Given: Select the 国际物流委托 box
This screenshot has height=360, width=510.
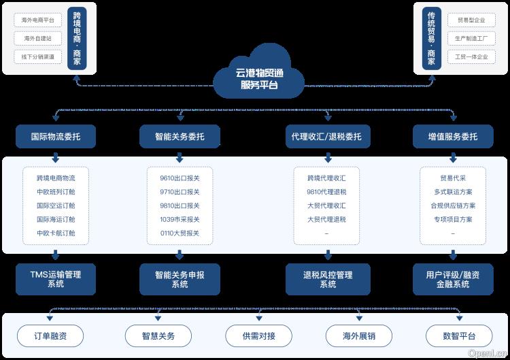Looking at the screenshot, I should [55, 137].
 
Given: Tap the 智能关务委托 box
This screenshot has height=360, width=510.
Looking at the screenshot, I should [180, 137].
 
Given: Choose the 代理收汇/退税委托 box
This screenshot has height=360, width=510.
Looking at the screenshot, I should [326, 137].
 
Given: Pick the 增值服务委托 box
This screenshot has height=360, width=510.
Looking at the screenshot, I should [452, 137].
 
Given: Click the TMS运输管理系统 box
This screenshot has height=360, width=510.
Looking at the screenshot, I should [55, 279].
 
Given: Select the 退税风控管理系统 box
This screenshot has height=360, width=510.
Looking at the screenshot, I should [327, 279].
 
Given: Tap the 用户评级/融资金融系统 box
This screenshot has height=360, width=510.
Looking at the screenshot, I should [452, 279].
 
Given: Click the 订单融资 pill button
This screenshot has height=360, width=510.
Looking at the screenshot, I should [50, 336].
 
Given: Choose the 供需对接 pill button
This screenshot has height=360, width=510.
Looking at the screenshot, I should [258, 336].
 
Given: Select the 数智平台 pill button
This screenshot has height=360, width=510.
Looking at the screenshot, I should [458, 336].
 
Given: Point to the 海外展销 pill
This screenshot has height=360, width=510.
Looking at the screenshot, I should [359, 336].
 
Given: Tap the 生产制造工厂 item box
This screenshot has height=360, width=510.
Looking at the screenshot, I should [471, 39].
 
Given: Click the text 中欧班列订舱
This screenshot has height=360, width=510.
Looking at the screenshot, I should [56, 192].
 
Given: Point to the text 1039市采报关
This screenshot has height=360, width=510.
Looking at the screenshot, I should [180, 219].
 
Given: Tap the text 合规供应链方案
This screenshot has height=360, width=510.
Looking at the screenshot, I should [453, 206].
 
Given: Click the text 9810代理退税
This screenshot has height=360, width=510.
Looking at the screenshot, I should [326, 192].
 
